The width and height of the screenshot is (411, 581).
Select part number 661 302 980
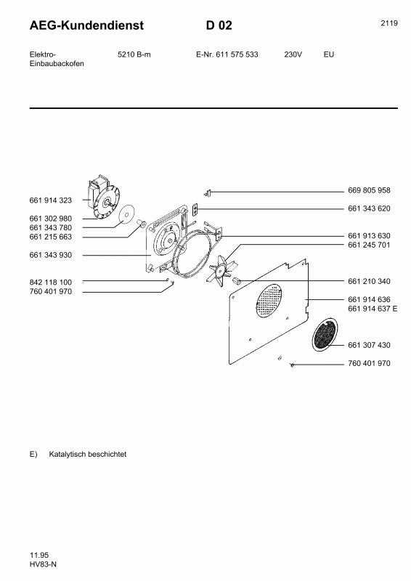pos(50,219)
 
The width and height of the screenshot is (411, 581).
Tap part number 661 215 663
pos(50,237)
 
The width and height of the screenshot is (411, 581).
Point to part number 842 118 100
pos(50,282)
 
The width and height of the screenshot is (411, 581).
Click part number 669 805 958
pos(369,191)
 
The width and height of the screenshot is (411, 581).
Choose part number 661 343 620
pos(369,209)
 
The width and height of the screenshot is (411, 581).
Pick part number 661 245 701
pos(369,245)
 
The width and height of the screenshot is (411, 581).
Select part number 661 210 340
pos(369,282)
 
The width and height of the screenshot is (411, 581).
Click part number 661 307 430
pos(369,345)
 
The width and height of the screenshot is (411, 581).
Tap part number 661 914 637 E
pos(372,309)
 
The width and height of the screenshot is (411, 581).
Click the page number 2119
pos(388,23)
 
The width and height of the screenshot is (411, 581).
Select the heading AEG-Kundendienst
pos(86,25)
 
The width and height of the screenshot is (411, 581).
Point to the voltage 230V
pos(293,54)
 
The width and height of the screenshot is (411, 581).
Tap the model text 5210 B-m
pos(134,54)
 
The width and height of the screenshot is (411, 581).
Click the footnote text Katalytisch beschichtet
pos(88,454)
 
